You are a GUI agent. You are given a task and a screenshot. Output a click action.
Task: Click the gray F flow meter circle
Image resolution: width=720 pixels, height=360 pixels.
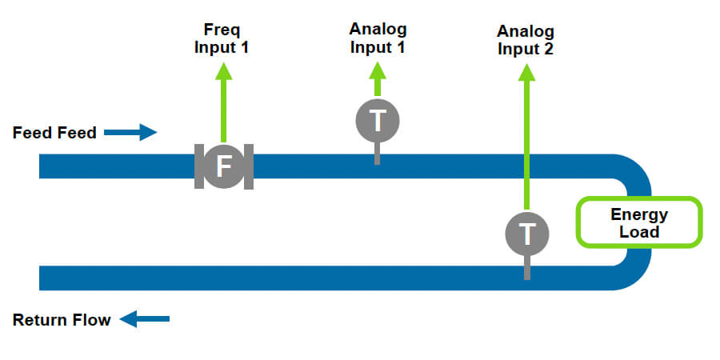[x=224, y=166]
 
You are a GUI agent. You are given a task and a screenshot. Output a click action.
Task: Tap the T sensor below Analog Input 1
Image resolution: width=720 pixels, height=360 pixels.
[x=377, y=121]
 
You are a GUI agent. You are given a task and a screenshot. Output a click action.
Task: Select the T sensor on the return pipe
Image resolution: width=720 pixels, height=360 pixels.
[x=527, y=234]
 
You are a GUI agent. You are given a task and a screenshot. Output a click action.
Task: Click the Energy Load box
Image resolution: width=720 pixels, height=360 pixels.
[x=639, y=222]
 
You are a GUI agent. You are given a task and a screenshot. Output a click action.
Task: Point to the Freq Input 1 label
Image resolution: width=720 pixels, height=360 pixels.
[x=222, y=38]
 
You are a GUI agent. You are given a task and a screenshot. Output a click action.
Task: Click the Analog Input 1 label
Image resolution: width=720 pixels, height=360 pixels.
[x=378, y=38]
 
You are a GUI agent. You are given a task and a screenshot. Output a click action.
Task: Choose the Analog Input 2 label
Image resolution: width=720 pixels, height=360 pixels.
[x=526, y=40]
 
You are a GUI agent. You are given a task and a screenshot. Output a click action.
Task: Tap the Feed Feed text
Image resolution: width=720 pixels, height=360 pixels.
[x=54, y=133]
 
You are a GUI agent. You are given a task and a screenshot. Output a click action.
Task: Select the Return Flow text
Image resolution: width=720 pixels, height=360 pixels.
[x=62, y=321]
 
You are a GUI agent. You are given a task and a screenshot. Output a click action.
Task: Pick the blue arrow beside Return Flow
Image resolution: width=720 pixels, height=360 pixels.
[x=145, y=320]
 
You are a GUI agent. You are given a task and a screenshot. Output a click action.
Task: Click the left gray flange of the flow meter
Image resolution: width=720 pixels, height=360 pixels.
[x=199, y=166]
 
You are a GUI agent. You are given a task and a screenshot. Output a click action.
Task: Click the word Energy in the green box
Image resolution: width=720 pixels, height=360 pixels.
[x=639, y=214]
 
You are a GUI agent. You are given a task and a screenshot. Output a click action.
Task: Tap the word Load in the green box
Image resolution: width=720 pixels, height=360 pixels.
[x=639, y=232]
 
